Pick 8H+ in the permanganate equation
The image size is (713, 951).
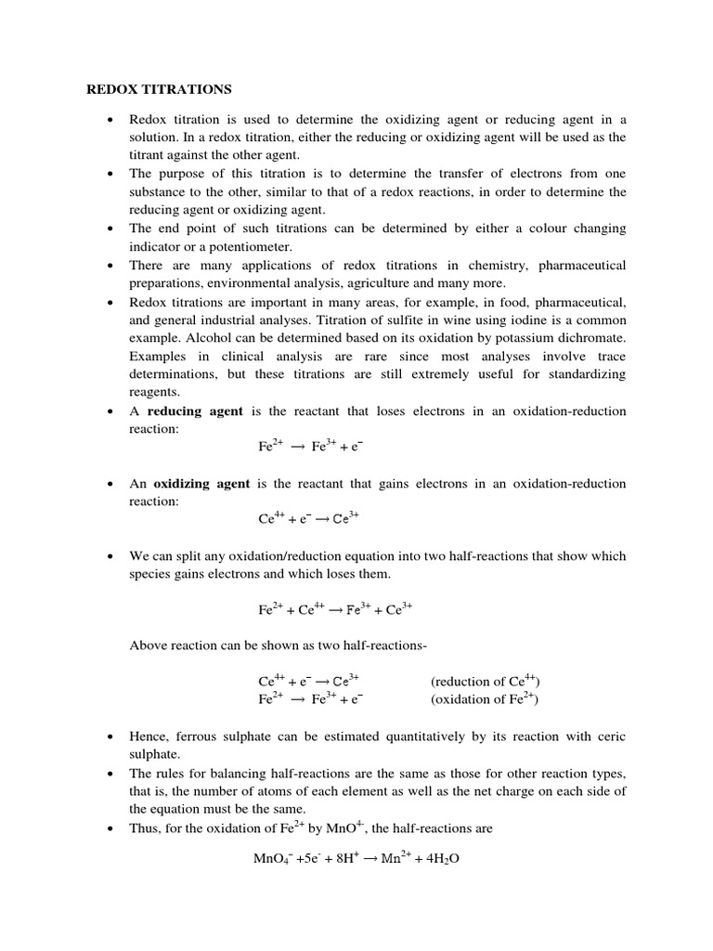[x=343, y=858]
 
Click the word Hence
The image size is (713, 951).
[x=149, y=736]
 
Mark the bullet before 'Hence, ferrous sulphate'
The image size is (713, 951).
[x=110, y=736]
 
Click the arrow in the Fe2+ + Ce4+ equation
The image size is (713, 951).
[x=334, y=610]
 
